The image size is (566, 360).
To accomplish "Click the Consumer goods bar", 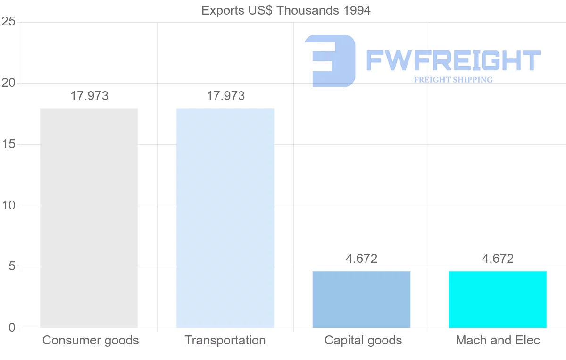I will (x=89, y=218).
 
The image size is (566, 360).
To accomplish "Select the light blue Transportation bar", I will (x=225, y=218).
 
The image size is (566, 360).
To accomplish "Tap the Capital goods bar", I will (x=361, y=299).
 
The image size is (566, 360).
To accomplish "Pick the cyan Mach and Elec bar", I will (x=498, y=299).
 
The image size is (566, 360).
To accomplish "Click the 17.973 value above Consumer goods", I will (x=89, y=96).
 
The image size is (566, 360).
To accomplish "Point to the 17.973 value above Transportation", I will (x=225, y=96).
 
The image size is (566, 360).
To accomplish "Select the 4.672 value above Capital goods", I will (x=361, y=259).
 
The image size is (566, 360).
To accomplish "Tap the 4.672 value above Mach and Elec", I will (x=498, y=259).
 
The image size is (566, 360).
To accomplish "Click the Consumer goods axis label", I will (x=91, y=341).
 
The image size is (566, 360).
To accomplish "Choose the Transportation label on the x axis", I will (x=225, y=341).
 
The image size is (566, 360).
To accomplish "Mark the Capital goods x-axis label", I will (x=363, y=341).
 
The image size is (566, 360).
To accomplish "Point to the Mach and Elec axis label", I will (x=498, y=341).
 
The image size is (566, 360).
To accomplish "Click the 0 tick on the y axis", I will (x=12, y=328).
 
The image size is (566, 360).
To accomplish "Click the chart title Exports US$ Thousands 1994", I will (x=286, y=10).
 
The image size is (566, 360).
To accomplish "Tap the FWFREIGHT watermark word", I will (x=453, y=60).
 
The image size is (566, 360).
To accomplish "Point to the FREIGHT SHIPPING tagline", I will (x=453, y=80).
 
